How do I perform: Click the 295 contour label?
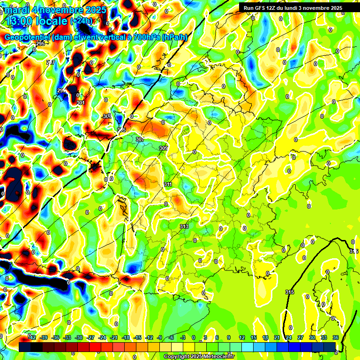40,44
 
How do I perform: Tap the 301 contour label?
80,103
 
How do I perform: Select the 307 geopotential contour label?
140,139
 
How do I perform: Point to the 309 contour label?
163,148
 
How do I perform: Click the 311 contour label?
168,185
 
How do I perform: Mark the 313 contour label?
184,226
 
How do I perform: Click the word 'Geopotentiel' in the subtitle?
27,37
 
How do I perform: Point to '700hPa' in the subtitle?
147,37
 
